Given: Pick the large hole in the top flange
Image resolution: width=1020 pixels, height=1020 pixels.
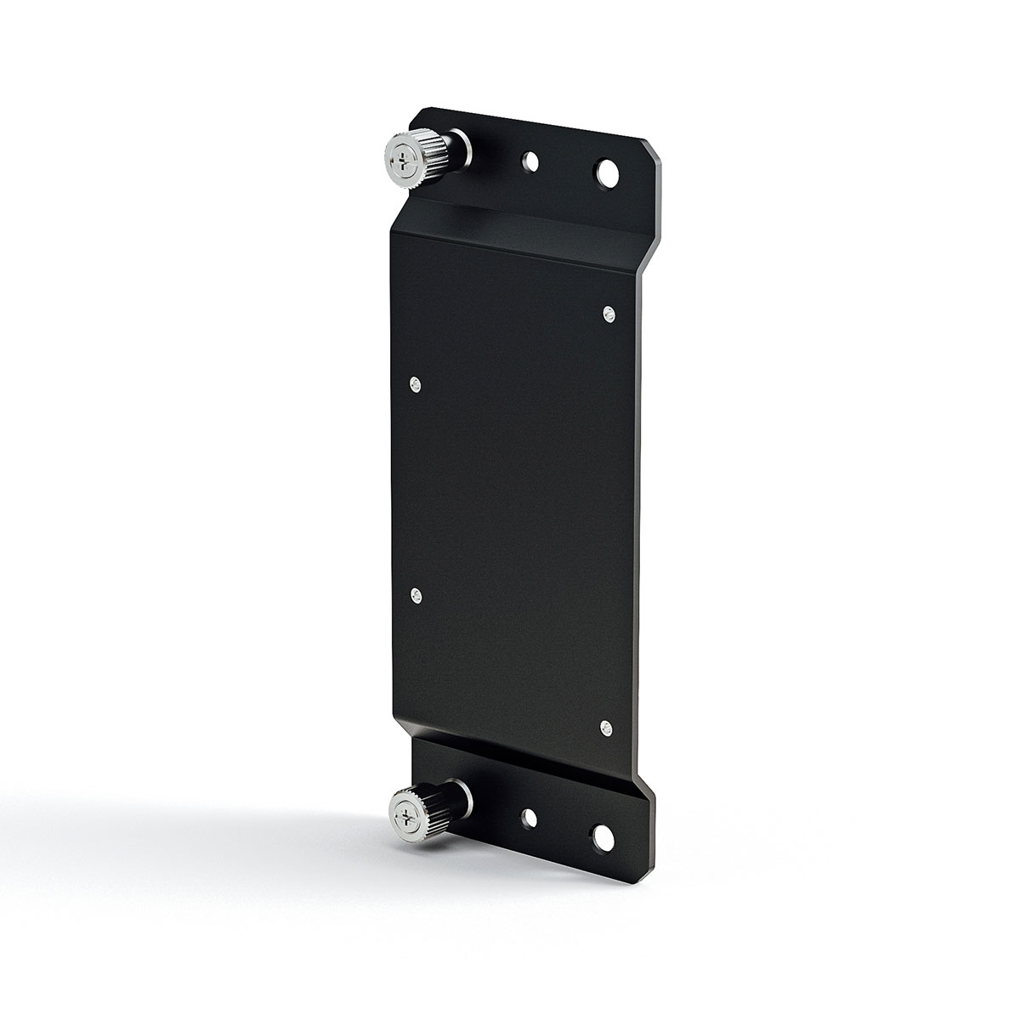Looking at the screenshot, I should coord(608,173).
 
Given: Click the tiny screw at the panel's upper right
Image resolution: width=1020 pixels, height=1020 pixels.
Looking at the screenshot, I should coord(608,315).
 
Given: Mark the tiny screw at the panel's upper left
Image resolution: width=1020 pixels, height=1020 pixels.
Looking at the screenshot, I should coord(415,385).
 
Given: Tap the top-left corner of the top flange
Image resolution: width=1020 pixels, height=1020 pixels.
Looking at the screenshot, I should coord(422,109).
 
